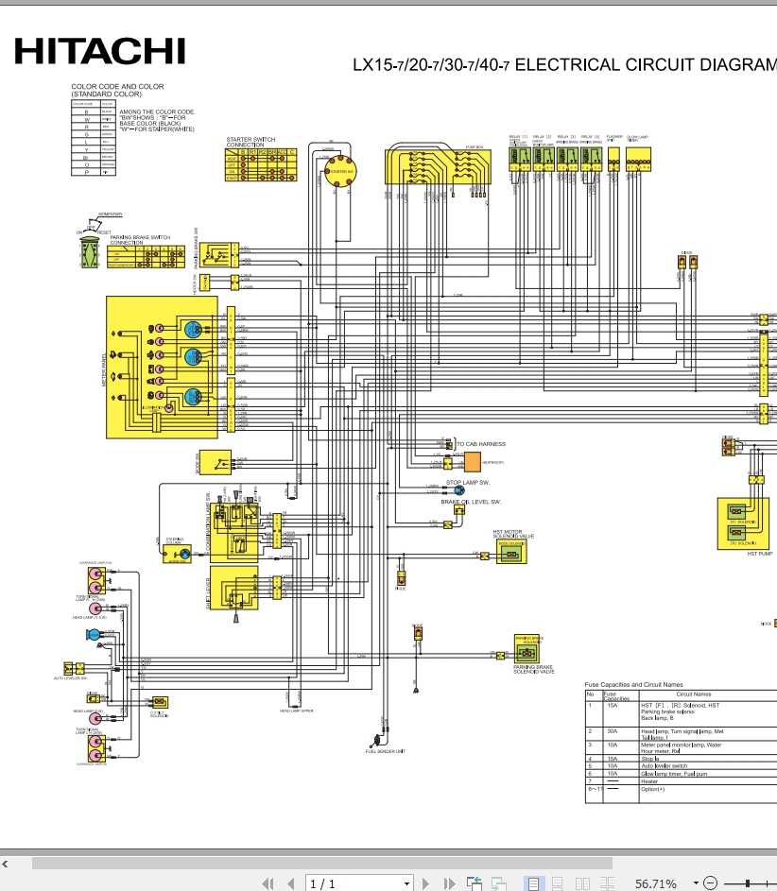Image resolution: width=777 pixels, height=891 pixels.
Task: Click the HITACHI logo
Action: [x=98, y=51]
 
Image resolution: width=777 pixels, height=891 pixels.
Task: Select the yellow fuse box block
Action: [x=439, y=167]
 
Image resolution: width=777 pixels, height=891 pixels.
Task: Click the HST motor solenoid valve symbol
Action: [x=510, y=555]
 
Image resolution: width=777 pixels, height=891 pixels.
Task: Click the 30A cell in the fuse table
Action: [x=611, y=730]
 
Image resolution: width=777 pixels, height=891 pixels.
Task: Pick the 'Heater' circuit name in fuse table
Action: [x=649, y=781]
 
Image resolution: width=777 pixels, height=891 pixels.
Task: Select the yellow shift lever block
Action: [x=233, y=590]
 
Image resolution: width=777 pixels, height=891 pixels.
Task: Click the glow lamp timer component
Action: [x=635, y=159]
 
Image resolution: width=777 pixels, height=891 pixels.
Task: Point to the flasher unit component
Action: [x=613, y=159]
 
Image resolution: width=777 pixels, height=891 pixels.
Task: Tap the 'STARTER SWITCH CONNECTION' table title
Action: [x=250, y=142]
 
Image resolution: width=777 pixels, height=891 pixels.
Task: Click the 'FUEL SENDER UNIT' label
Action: [x=385, y=751]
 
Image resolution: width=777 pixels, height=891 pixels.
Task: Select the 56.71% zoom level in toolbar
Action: [x=655, y=883]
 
